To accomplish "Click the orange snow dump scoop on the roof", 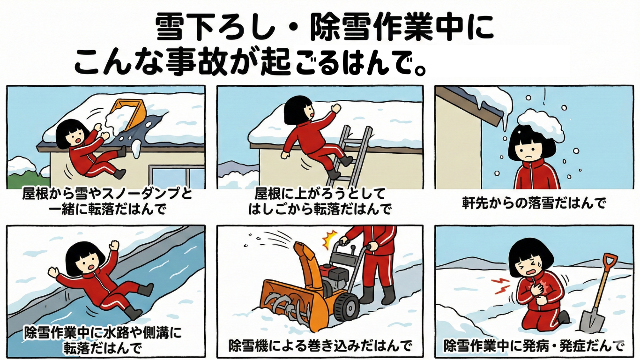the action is pyautogui.click(x=130, y=114).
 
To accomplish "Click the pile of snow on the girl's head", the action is pyautogui.click(x=541, y=125).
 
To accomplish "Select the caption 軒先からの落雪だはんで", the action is pyautogui.click(x=534, y=203).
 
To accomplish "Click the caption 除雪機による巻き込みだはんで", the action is pyautogui.click(x=320, y=346).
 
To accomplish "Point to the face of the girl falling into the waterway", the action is pyautogui.click(x=89, y=262).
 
